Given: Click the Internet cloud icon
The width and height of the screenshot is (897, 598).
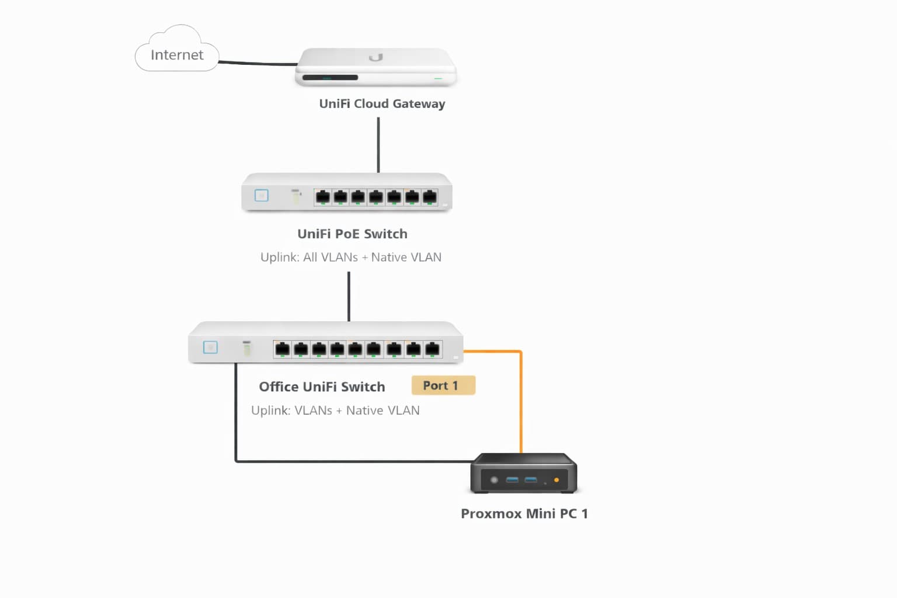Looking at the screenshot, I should tap(176, 51).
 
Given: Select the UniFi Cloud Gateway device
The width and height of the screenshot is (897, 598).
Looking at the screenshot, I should tap(376, 68).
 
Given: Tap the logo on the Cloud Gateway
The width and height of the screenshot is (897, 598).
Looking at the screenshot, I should tap(376, 57).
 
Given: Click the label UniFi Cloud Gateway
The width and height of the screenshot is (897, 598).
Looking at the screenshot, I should tap(382, 103).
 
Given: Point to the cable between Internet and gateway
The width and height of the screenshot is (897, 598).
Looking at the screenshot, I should tap(257, 62).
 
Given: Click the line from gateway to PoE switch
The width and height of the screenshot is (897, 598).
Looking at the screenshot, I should tap(378, 145).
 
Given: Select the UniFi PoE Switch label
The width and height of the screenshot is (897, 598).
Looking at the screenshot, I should tap(352, 234).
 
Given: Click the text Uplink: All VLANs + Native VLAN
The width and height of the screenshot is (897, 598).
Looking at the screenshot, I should tap(350, 257).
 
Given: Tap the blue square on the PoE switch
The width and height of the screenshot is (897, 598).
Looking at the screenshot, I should tap(262, 195).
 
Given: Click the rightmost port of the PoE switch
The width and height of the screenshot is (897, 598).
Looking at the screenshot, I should tap(430, 197).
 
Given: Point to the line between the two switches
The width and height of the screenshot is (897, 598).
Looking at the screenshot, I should tap(349, 296).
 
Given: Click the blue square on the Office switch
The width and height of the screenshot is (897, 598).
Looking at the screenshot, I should tap(210, 347).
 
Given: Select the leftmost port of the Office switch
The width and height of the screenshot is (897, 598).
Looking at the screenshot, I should tap(282, 349).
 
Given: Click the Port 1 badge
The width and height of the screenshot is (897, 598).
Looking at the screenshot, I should tap(443, 385).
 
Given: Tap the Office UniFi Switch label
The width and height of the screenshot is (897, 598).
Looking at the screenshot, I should tap(322, 387).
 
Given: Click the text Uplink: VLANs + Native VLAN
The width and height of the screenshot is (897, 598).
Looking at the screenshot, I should tap(335, 411).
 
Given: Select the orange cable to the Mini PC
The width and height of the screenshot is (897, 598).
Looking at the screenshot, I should tap(521, 403).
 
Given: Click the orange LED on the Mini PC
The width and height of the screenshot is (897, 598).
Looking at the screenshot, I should tap(557, 480).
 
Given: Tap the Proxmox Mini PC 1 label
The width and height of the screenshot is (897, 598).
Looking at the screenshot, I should tap(524, 513).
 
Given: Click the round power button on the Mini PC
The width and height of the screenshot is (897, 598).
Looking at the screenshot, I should tap(494, 480).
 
